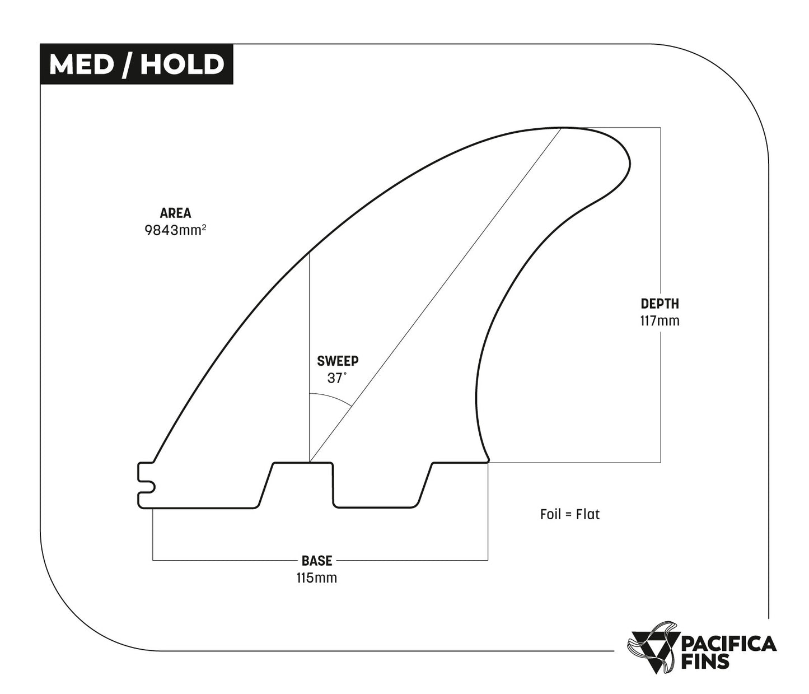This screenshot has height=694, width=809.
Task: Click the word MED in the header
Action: (81, 64)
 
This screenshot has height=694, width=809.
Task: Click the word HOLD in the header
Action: (182, 64)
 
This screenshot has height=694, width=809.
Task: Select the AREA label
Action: (175, 213)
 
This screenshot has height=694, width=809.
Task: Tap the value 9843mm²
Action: (175, 230)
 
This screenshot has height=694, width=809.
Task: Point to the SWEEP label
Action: (338, 361)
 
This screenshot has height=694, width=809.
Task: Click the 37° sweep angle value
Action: (336, 378)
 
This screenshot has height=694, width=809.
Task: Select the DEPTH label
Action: (660, 304)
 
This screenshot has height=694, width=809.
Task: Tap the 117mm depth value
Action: (660, 321)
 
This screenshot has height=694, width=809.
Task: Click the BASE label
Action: (317, 560)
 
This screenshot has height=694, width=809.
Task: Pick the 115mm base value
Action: (317, 577)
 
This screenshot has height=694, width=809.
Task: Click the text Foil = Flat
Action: (569, 514)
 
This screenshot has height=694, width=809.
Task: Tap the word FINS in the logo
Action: (705, 662)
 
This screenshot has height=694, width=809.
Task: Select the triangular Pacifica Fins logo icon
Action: (651, 647)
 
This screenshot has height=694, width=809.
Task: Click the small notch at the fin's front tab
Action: (147, 478)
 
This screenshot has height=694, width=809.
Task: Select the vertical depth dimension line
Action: (661, 235)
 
